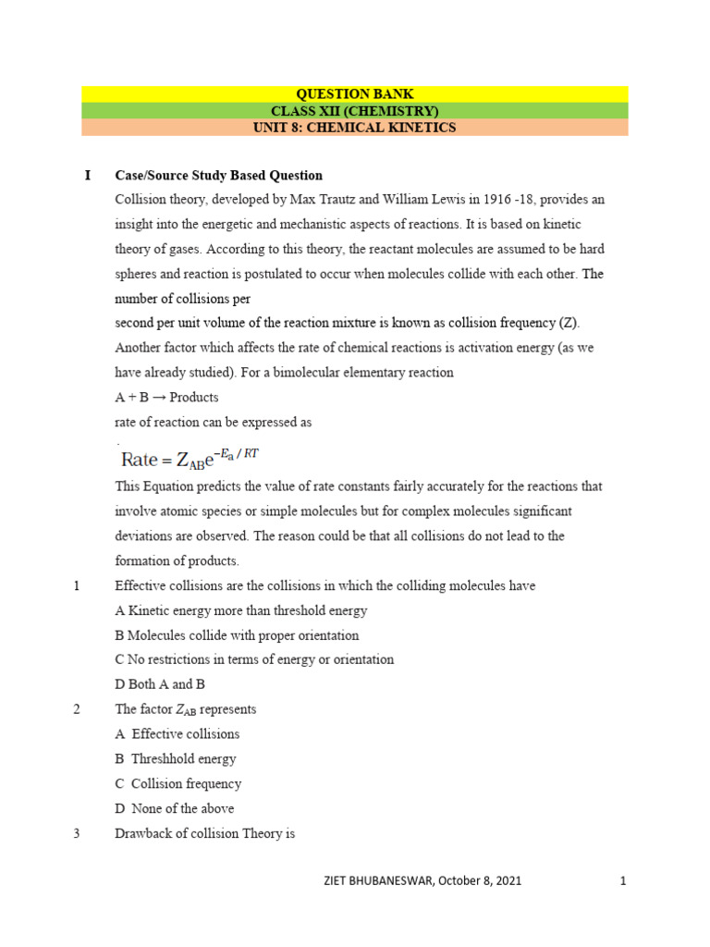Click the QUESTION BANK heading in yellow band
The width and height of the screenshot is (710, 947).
354,93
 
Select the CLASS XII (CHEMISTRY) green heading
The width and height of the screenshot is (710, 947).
354,111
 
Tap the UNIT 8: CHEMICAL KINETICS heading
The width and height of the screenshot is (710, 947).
354,128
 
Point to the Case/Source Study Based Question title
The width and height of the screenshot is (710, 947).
218,175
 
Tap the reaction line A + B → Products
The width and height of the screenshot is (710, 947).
166,398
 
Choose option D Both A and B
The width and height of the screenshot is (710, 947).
160,684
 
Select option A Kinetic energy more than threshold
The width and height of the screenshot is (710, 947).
240,610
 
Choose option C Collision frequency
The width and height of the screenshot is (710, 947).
177,783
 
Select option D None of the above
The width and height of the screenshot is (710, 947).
174,808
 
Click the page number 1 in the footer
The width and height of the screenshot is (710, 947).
623,881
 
